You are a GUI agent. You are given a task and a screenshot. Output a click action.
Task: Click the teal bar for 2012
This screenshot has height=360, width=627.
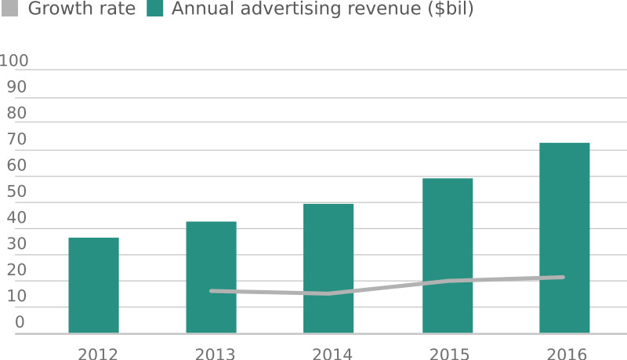coord(93,285)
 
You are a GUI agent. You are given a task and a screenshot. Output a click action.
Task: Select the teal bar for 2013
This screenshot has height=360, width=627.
coord(211,277)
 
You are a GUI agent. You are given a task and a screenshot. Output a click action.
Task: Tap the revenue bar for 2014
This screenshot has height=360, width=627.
coord(328,267)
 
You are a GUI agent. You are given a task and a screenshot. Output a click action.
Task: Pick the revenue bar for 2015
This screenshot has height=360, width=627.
coord(448,255)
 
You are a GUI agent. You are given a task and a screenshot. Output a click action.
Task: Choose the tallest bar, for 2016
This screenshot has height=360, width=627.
coord(564,238)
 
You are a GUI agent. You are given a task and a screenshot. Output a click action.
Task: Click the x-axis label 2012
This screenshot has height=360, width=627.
coord(97,354)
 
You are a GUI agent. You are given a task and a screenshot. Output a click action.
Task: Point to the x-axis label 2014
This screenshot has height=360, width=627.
coord(332,354)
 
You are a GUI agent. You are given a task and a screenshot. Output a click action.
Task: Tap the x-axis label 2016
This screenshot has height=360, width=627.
coord(567,354)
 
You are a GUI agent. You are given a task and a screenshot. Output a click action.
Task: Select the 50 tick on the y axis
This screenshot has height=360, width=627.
coord(16,191)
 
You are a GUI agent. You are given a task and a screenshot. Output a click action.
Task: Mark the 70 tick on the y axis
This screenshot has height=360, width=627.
coord(16,139)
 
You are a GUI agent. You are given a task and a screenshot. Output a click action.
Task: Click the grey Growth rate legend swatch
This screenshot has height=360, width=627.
coord(10,9)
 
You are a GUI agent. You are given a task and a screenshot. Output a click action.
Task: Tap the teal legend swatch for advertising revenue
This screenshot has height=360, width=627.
coord(154,9)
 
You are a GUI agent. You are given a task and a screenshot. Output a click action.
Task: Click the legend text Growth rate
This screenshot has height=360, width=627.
coord(82,9)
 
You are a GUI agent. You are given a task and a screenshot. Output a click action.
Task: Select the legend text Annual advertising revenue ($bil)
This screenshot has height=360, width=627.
coord(322,9)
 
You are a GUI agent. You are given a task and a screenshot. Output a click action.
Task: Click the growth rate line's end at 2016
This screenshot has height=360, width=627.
coord(564,277)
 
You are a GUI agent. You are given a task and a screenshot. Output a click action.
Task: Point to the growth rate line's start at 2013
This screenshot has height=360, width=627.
coord(211,291)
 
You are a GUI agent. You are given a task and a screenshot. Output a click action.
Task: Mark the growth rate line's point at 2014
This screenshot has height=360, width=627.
coord(328,294)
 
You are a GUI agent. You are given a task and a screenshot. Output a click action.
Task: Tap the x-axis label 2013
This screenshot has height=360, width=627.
coord(215,354)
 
